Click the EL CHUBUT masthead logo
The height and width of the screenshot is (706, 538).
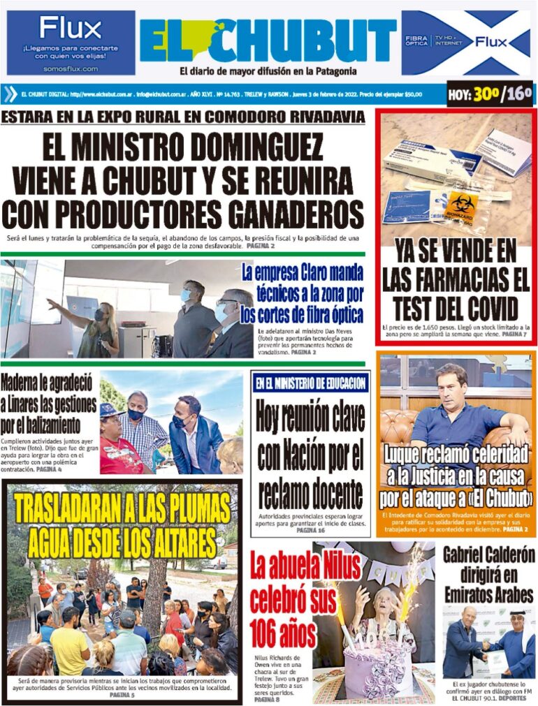tap(268, 41)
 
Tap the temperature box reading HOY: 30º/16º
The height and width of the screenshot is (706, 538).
tap(490, 94)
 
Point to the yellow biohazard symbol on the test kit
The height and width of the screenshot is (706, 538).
tap(463, 203)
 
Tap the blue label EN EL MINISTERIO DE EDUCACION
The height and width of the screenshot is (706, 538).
tap(310, 383)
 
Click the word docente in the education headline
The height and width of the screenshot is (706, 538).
tap(329, 494)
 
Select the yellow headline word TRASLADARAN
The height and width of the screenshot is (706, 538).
tap(80, 510)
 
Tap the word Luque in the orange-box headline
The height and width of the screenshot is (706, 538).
tap(409, 456)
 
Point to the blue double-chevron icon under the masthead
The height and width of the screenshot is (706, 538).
tap(10, 94)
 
